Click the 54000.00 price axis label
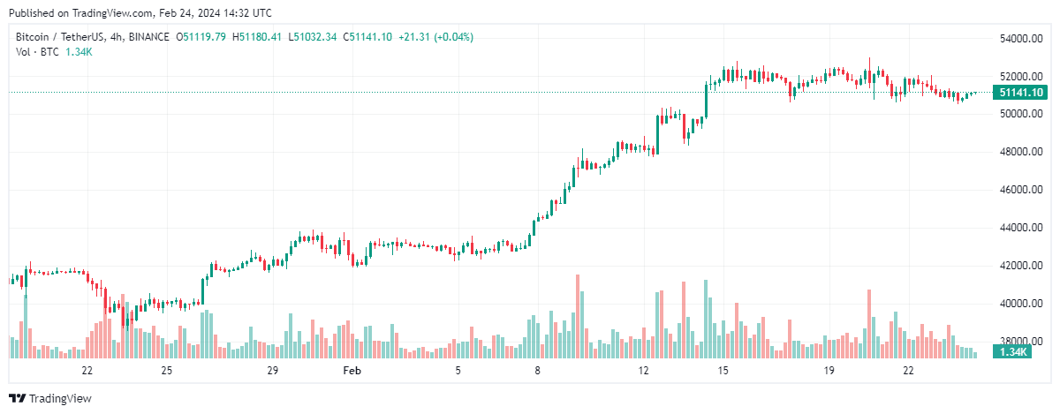click(1017, 39)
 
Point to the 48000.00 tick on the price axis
click(1017, 152)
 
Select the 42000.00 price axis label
click(1017, 266)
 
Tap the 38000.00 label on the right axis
click(1017, 342)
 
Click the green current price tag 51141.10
click(1020, 93)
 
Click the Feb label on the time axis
click(352, 371)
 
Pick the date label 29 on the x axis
click(272, 371)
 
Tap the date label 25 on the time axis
click(166, 371)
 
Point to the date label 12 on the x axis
click(643, 371)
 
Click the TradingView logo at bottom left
click(50, 399)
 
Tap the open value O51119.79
click(201, 37)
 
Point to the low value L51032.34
click(314, 37)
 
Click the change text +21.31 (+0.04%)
click(435, 37)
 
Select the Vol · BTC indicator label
click(38, 52)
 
